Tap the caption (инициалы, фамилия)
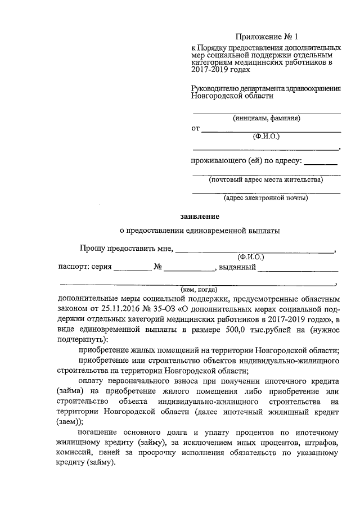coord(267,119)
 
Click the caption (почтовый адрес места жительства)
coord(265,181)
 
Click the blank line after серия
coord(133,268)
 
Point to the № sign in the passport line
coord(158,267)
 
